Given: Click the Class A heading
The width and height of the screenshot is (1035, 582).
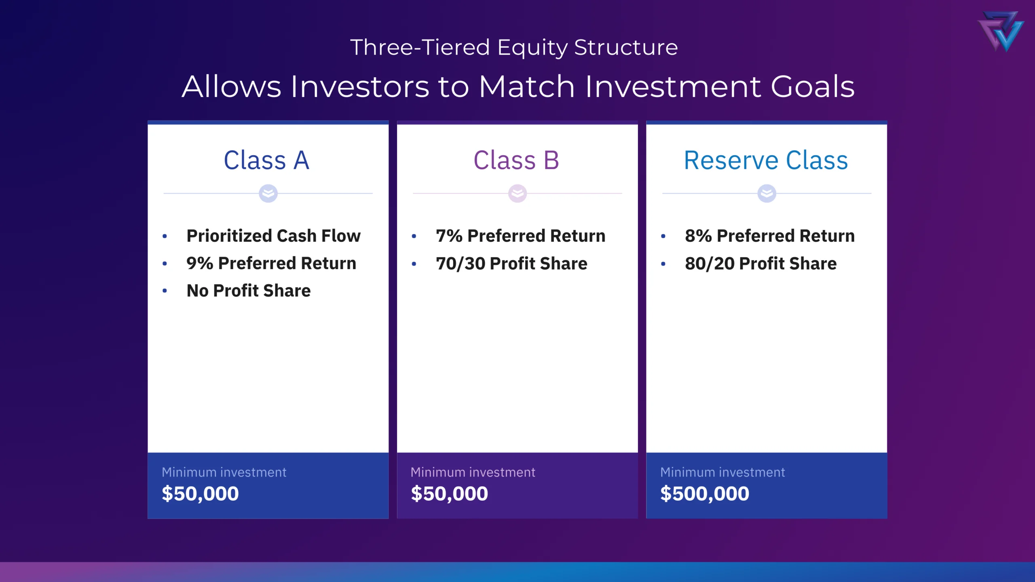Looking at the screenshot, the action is (266, 160).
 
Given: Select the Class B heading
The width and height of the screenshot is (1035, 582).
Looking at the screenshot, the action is (516, 160).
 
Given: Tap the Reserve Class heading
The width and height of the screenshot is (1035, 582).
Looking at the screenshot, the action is (766, 160).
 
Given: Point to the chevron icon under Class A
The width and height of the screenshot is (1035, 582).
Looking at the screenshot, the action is (268, 193).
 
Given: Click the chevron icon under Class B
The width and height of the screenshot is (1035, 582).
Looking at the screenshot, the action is (517, 193).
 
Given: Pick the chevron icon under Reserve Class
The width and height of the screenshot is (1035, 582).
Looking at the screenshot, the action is (767, 193).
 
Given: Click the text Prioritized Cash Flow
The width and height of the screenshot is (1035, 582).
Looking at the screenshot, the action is (273, 236).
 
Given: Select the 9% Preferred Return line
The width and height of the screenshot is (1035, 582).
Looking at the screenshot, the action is (271, 263).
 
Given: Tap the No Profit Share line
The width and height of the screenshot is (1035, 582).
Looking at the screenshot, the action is (249, 291).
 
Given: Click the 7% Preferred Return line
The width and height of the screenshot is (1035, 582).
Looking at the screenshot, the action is (521, 236).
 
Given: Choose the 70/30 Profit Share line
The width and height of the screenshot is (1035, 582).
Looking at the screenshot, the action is (511, 263).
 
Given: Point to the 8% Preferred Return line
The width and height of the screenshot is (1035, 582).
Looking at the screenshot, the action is (770, 236).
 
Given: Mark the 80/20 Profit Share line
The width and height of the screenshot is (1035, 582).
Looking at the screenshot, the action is (761, 263).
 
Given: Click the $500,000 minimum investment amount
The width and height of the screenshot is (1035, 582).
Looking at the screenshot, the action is (705, 493).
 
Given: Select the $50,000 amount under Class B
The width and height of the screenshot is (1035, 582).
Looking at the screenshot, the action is (450, 493).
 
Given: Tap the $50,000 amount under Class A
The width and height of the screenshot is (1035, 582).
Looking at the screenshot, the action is (200, 493).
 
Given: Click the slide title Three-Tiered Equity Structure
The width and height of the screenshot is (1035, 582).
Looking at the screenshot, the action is (514, 47).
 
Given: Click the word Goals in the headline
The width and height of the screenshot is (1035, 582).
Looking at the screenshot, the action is (813, 86).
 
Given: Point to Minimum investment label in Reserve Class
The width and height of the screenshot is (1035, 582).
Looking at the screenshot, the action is (722, 472).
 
